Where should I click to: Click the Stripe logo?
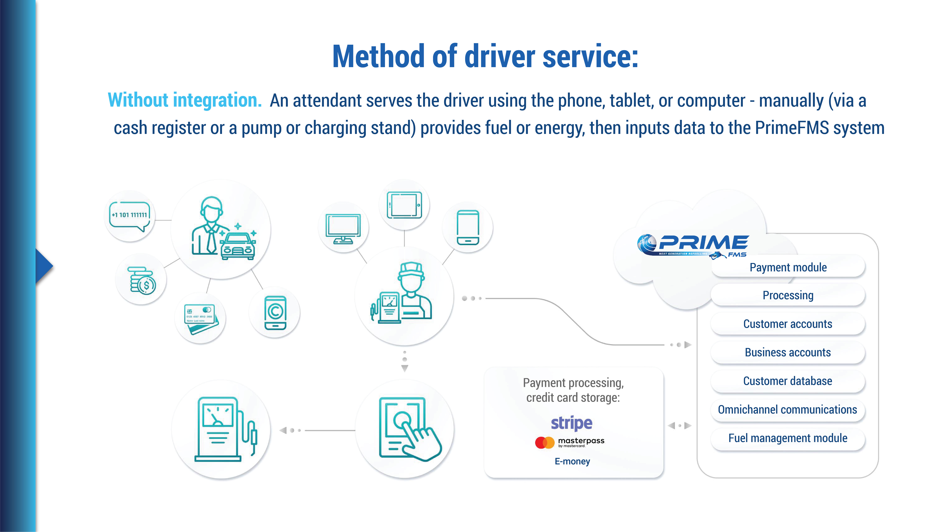pyautogui.click(x=571, y=423)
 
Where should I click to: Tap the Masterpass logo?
pyautogui.click(x=570, y=442)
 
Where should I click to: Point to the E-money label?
pyautogui.click(x=572, y=461)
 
